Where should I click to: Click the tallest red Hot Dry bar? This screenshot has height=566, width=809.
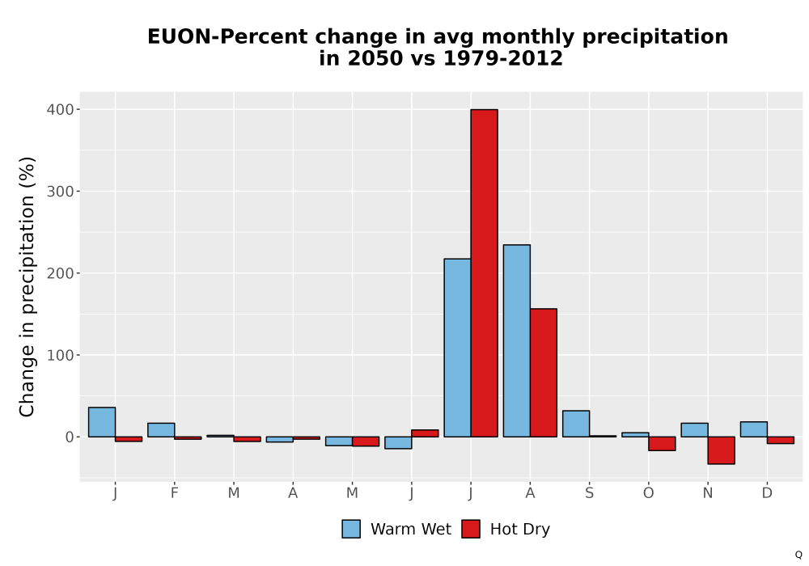point(484,273)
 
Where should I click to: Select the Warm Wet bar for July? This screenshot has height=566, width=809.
point(457,348)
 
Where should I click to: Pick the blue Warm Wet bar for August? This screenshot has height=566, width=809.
point(516,340)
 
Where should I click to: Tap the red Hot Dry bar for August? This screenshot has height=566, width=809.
point(544,373)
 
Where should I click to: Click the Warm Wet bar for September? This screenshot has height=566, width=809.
point(576,424)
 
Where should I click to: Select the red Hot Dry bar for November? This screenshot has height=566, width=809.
point(722,450)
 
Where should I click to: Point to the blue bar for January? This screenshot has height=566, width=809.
point(102,422)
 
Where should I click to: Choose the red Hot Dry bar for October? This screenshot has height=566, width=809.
point(662,444)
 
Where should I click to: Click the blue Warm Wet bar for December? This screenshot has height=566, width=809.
point(754,429)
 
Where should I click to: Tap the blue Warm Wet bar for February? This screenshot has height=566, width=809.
point(161,430)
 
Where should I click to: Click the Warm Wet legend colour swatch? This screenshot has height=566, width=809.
point(351,529)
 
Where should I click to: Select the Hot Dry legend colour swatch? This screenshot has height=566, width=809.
point(471,529)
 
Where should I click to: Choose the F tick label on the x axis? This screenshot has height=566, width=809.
point(175,493)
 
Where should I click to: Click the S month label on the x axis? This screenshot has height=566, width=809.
point(589,493)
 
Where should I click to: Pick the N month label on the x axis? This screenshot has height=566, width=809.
point(708,493)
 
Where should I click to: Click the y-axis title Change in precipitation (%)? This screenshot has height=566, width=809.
point(27,286)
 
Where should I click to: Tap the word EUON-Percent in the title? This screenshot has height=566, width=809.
point(228,36)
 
